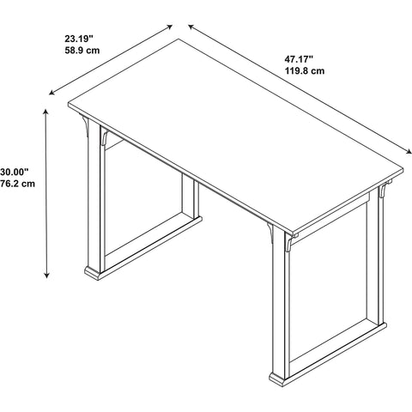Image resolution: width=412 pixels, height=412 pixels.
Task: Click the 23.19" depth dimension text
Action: [x=79, y=38]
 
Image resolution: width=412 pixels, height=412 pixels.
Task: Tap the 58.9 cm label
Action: [x=82, y=51]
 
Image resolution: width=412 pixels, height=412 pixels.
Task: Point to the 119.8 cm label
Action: [x=305, y=70]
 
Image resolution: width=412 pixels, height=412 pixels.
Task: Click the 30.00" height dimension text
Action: [x=15, y=172]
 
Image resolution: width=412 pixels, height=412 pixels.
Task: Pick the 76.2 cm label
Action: [x=17, y=184]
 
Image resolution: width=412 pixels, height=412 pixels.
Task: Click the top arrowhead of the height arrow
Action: [x=45, y=112]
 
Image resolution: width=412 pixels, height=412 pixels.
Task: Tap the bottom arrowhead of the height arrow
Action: [x=46, y=275]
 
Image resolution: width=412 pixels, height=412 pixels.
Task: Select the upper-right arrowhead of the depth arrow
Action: [x=170, y=27]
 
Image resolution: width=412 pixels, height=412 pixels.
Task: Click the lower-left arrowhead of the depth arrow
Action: [x=51, y=93]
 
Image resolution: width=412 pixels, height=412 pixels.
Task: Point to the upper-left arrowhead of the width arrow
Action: [x=191, y=27]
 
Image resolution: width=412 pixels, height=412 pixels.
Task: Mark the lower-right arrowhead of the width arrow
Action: [x=409, y=152]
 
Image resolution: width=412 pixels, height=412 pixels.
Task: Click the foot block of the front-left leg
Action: [x=93, y=274]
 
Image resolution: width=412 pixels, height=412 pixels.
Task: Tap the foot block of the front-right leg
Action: [x=277, y=379]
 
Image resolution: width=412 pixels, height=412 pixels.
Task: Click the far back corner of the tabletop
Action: [x=179, y=39]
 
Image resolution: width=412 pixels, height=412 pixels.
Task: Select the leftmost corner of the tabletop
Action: [x=69, y=104]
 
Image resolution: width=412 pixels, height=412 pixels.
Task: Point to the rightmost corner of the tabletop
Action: [x=403, y=170]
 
